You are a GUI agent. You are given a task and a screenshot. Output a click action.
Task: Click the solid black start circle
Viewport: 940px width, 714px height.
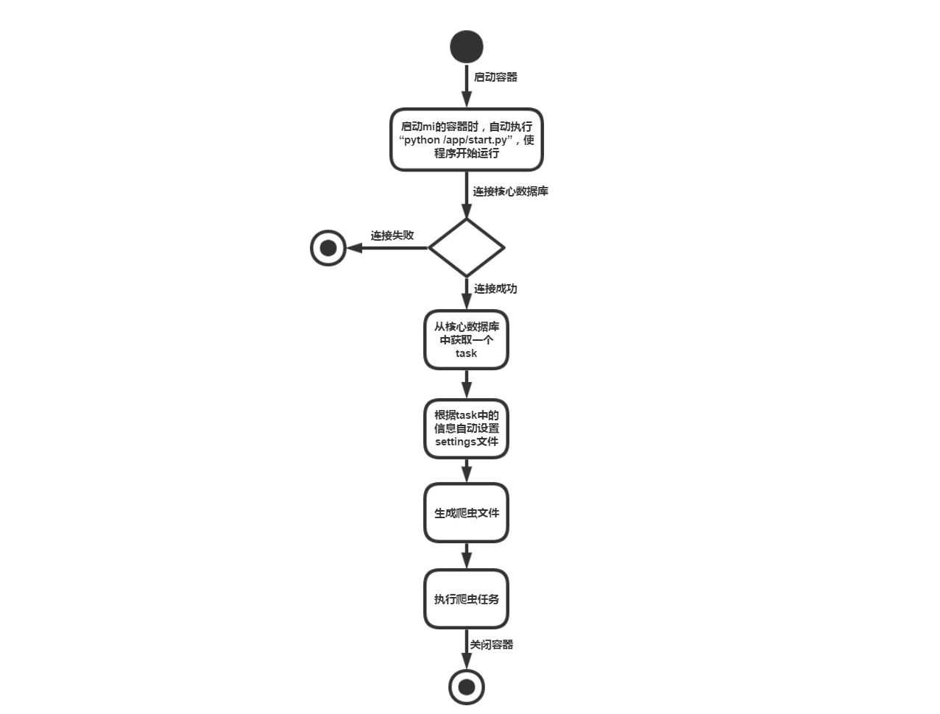[x=467, y=46]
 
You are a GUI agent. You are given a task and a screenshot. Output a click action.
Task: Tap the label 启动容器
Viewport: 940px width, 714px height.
[x=495, y=77]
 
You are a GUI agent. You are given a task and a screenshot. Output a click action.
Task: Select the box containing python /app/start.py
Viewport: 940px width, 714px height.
[x=467, y=140]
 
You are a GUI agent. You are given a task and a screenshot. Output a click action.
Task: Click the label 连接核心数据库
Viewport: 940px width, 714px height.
[x=510, y=191]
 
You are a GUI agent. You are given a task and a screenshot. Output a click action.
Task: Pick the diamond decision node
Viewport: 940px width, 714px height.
[x=467, y=247]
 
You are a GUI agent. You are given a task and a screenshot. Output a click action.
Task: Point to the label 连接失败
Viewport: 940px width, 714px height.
[x=392, y=236]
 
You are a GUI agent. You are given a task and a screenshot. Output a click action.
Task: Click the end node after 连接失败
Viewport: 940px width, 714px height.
[x=328, y=248]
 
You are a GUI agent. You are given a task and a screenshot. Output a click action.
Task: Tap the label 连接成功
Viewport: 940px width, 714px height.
[x=495, y=289]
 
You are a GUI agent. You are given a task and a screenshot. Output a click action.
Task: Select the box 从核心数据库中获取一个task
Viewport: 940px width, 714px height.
[x=467, y=339]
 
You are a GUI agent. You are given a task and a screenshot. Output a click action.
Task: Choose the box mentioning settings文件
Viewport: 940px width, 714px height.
[x=467, y=428]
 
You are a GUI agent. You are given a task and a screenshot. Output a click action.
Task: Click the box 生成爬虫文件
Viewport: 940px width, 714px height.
[x=467, y=513]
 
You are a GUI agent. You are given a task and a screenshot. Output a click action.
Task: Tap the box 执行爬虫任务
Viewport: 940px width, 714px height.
[x=467, y=599]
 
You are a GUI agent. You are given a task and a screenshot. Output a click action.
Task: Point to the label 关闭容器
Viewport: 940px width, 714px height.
[x=492, y=645]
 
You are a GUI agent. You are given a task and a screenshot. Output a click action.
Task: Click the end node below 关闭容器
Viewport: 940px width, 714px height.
[x=467, y=687]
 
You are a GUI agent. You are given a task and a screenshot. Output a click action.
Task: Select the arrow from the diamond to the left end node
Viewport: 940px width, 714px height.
[x=387, y=248]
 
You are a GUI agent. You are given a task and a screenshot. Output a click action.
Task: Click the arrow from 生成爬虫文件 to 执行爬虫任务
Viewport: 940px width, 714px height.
[x=467, y=556]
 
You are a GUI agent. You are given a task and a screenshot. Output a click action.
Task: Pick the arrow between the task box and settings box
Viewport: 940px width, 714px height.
[x=467, y=384]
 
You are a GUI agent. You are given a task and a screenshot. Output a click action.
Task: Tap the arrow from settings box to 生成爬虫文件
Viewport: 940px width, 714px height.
[x=467, y=470]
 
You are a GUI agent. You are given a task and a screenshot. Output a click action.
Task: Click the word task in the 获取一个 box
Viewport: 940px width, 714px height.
[x=466, y=353]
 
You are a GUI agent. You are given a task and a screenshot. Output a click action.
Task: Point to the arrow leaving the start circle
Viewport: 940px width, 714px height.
[x=467, y=85]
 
